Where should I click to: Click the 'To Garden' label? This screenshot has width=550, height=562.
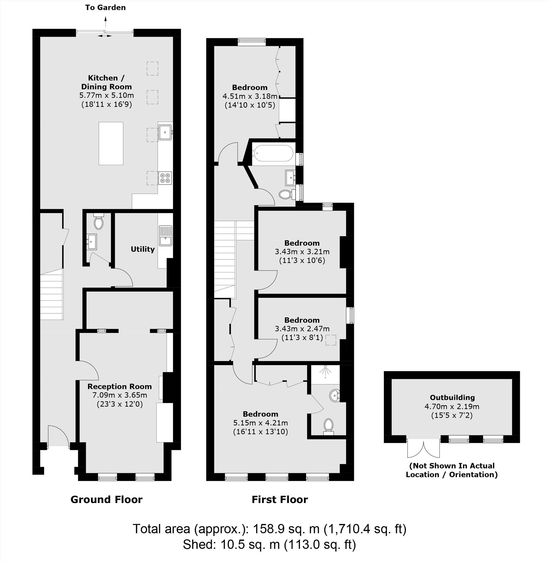pyautogui.click(x=106, y=8)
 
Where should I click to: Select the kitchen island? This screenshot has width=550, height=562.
pyautogui.click(x=111, y=143)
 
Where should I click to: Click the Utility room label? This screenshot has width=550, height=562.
pyautogui.click(x=142, y=249)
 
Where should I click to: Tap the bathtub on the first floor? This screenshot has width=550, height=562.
pyautogui.click(x=273, y=153)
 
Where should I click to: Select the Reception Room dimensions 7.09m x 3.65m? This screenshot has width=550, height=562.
pyautogui.click(x=119, y=395)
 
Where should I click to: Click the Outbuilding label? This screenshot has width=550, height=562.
pyautogui.click(x=452, y=398)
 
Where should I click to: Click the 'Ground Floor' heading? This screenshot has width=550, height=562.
pyautogui.click(x=106, y=500)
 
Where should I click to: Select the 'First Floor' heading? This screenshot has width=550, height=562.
pyautogui.click(x=280, y=500)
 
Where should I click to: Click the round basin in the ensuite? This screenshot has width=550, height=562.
pyautogui.click(x=335, y=395)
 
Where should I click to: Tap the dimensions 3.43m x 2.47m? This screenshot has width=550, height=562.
pyautogui.click(x=302, y=329)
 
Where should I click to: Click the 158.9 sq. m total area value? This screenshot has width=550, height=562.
pyautogui.click(x=286, y=529)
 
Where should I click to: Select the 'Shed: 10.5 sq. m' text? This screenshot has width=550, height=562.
pyautogui.click(x=231, y=545)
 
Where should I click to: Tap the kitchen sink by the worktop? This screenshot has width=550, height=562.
pyautogui.click(x=165, y=132)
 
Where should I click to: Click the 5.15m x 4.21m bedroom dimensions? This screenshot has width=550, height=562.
pyautogui.click(x=260, y=423)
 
